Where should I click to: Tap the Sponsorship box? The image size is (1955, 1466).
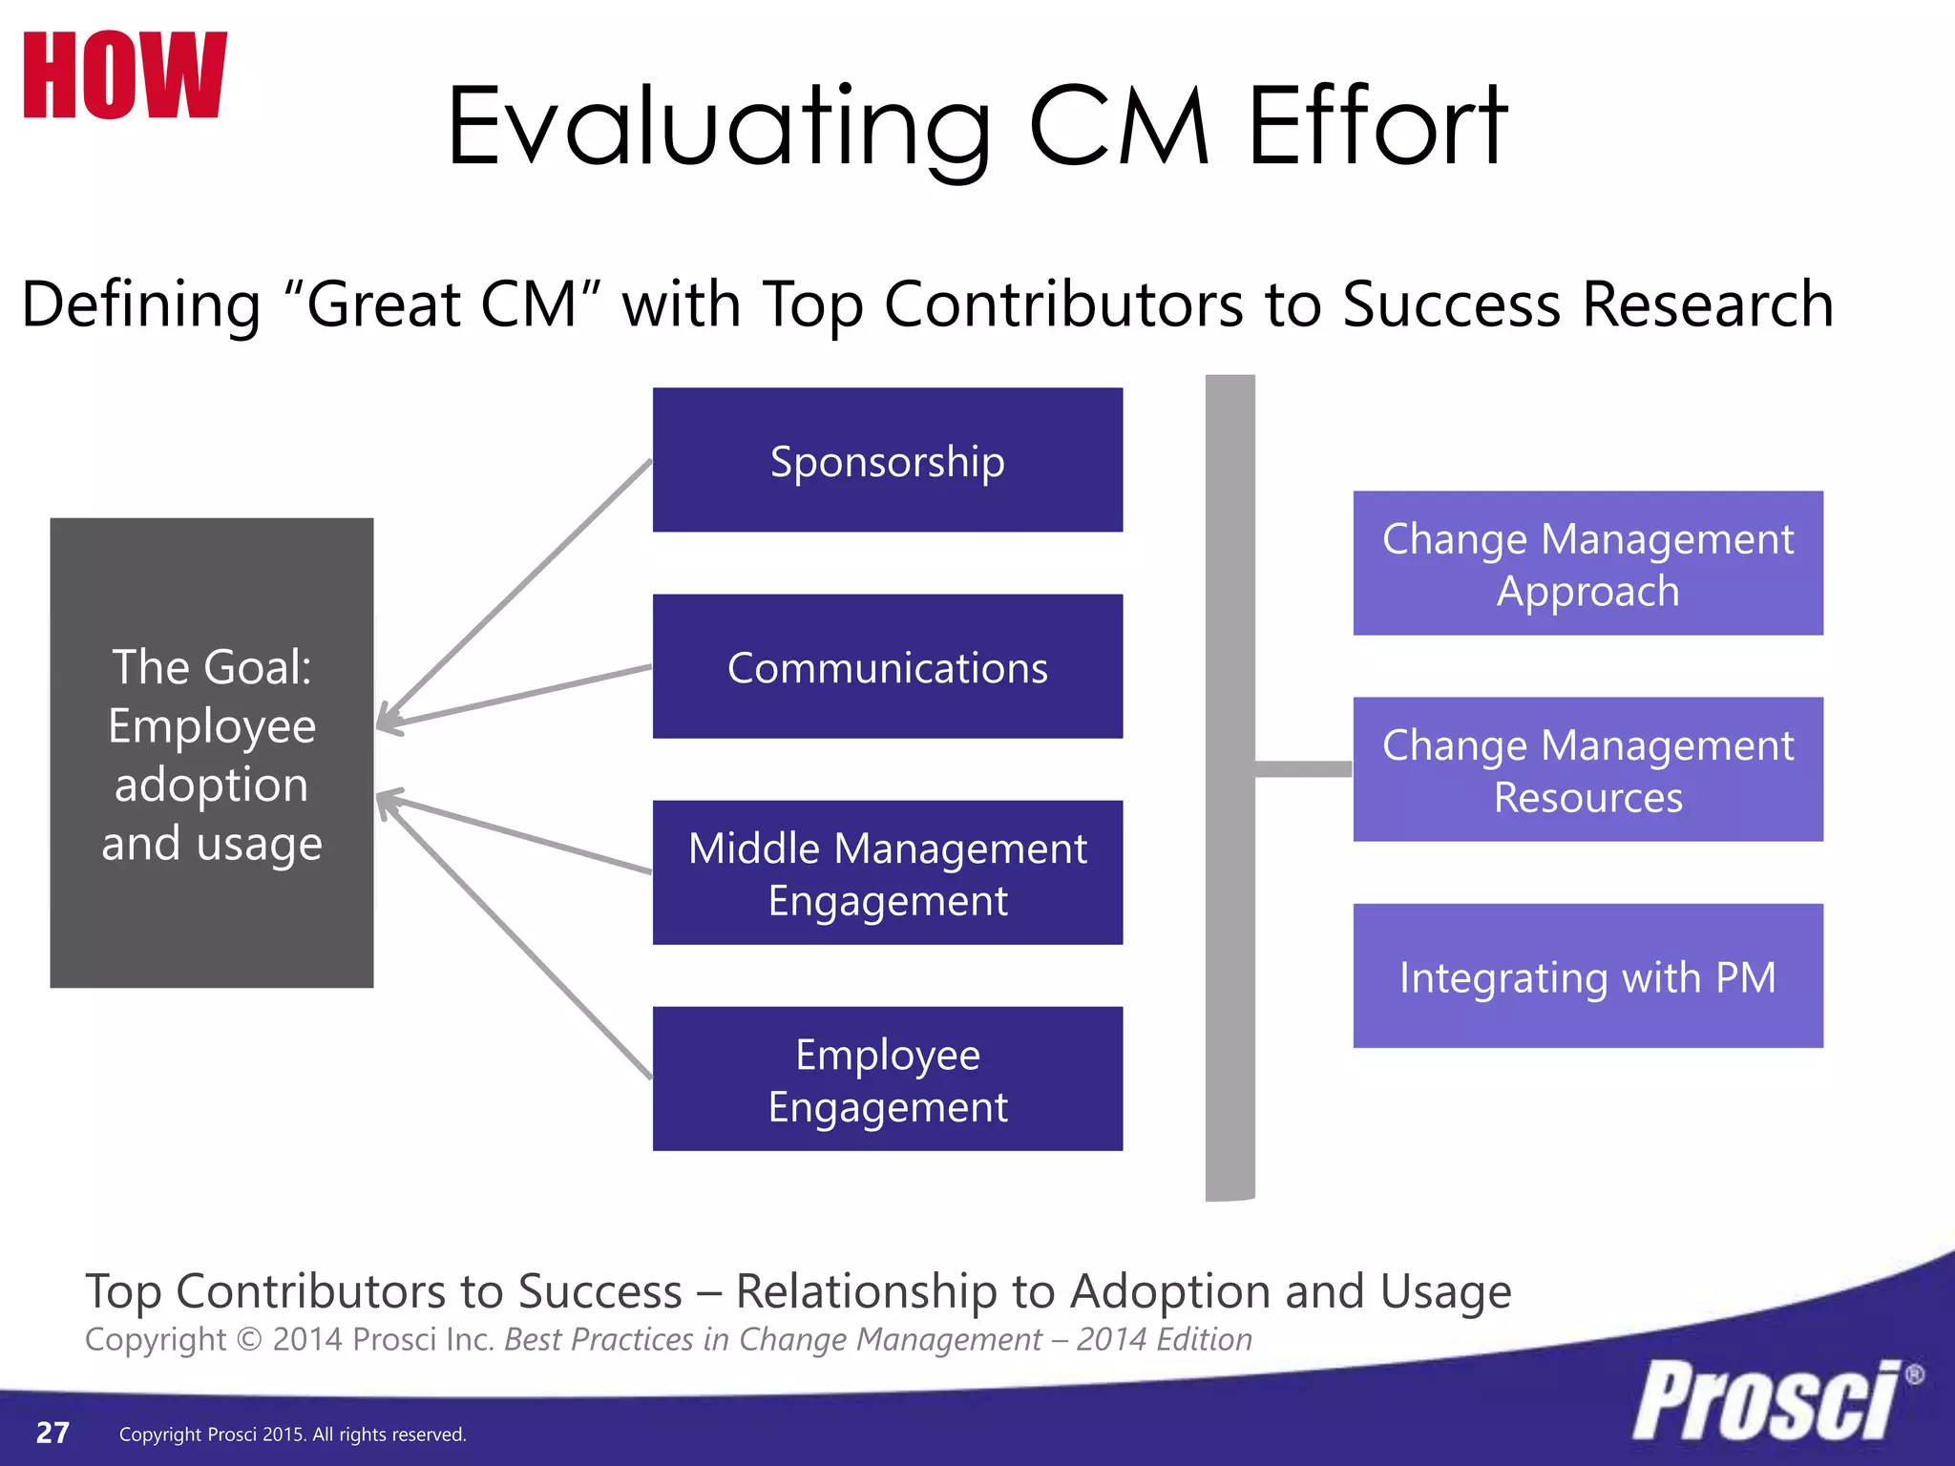click(x=887, y=460)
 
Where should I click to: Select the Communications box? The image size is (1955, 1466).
click(x=887, y=666)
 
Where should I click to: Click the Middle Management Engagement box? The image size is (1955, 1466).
click(x=887, y=872)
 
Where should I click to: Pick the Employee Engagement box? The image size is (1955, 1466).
click(x=887, y=1079)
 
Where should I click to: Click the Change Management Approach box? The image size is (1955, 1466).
click(x=1587, y=563)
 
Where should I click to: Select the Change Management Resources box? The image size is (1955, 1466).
click(x=1587, y=769)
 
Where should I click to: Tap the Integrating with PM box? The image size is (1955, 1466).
click(x=1587, y=975)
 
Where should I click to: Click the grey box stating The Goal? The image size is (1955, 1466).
click(x=211, y=752)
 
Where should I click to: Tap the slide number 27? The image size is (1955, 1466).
click(x=53, y=1433)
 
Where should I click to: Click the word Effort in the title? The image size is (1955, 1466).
click(x=1377, y=127)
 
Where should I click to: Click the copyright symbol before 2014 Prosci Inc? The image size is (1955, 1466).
click(x=249, y=1339)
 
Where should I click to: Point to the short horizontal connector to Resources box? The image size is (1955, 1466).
click(x=1303, y=769)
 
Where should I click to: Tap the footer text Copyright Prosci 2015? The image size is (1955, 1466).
click(x=292, y=1435)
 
